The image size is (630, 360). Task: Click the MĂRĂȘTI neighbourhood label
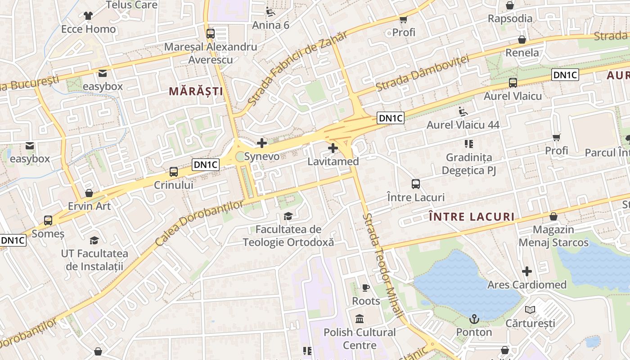[x=196, y=91]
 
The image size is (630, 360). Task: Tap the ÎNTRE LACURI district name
[x=472, y=217]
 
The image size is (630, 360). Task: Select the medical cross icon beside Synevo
[x=261, y=144]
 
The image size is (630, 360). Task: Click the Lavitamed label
[x=333, y=162]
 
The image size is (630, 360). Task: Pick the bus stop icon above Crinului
[x=174, y=171]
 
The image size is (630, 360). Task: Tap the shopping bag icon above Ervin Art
[x=89, y=193]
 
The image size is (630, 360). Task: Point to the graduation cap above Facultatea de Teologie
[x=288, y=216]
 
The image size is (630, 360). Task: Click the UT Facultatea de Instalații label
[x=94, y=260]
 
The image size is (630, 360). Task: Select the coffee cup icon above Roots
[x=366, y=288]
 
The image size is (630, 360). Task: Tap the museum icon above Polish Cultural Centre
[x=360, y=319]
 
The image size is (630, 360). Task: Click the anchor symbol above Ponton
[x=474, y=319]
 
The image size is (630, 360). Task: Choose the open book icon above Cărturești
[x=530, y=310]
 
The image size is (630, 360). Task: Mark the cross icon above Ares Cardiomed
[x=527, y=271]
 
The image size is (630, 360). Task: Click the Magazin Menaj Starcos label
[x=553, y=236]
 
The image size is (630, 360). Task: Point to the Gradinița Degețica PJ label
[x=469, y=164]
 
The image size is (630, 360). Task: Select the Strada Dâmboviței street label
[x=422, y=73]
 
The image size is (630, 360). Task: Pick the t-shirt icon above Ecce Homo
[x=88, y=16]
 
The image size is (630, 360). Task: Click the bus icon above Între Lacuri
[x=416, y=184]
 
